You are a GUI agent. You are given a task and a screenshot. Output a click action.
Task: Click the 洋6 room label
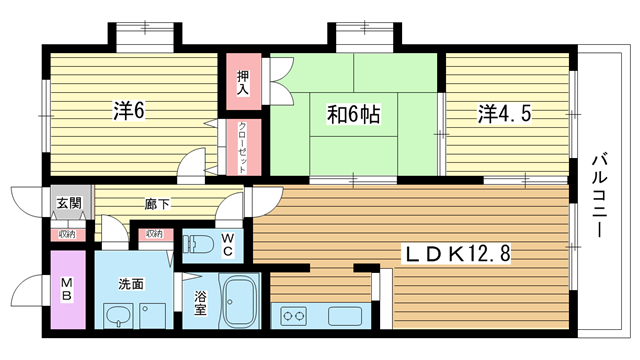click(129, 111)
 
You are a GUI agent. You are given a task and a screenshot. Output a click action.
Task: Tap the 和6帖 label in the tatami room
click(353, 114)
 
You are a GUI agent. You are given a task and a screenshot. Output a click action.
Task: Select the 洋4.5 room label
click(505, 113)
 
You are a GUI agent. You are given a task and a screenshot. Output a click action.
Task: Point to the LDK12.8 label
click(457, 254)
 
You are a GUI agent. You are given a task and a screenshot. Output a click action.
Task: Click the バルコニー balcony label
click(600, 195)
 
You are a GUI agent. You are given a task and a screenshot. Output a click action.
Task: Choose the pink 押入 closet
click(244, 81)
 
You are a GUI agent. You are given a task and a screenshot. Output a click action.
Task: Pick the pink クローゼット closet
click(244, 147)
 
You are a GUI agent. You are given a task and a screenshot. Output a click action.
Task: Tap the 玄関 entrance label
click(69, 202)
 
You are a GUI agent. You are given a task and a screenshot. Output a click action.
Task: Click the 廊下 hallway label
click(157, 204)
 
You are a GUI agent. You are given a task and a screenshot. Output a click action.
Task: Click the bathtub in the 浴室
click(240, 301)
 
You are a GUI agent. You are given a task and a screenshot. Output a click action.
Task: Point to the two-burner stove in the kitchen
click(294, 316)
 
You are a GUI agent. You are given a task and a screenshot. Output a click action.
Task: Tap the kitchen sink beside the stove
click(344, 316)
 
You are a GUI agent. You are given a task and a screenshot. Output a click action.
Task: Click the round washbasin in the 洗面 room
click(118, 315)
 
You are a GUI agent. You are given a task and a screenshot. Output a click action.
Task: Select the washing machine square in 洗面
click(153, 316)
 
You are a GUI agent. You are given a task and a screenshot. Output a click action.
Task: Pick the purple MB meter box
click(68, 289)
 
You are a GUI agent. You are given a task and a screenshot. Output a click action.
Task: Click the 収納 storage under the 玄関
click(68, 235)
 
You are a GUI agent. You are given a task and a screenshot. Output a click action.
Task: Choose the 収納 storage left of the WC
click(156, 234)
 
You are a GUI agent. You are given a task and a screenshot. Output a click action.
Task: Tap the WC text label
click(227, 244)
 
